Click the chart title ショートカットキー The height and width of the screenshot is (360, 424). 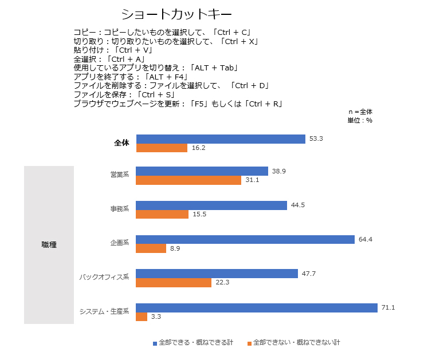tap(176, 14)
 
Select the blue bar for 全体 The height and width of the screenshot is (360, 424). tap(221, 139)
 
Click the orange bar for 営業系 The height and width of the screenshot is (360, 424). tap(189, 180)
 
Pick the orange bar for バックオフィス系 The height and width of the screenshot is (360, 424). tap(174, 283)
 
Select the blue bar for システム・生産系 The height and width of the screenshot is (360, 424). tap(257, 308)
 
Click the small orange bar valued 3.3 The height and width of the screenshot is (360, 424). tap(142, 317)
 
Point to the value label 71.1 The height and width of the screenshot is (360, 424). tap(388, 308)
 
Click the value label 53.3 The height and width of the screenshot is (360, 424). tap(316, 139)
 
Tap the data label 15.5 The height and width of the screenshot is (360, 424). tap(199, 215)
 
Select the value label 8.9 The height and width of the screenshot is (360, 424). tap(175, 249)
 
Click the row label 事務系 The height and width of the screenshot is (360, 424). tap(119, 209)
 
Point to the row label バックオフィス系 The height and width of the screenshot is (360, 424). tap(104, 278)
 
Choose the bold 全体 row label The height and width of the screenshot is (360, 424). tap(121, 143)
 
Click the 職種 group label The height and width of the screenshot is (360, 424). tap(49, 244)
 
